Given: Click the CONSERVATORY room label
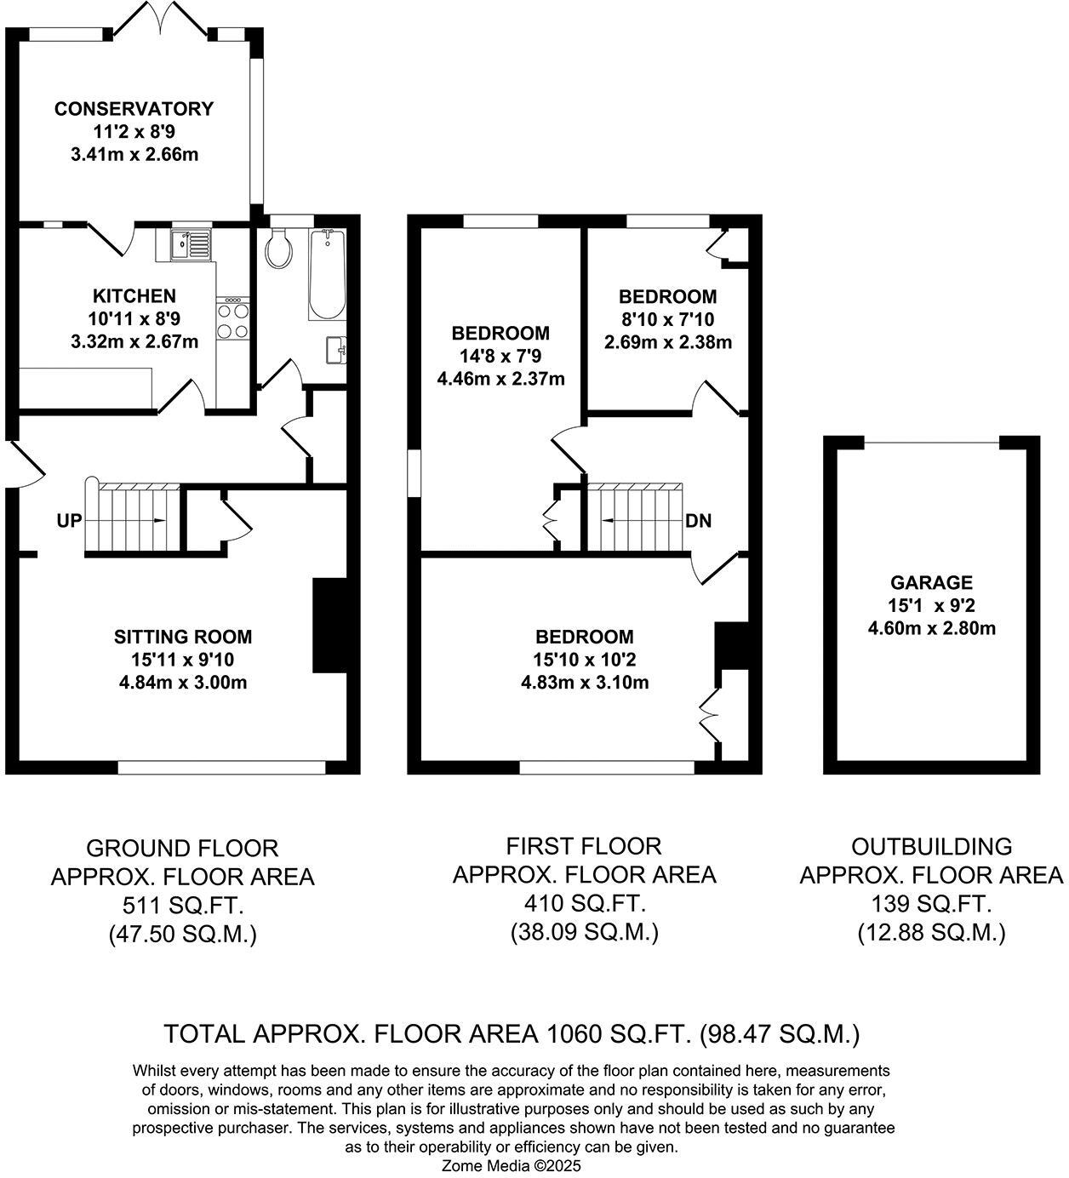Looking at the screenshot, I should point(134,109).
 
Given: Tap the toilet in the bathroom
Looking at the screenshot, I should point(278,249).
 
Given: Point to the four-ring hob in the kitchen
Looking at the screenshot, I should point(233,320).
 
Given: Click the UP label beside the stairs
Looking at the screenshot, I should point(70,520).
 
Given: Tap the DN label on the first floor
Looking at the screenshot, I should point(698,521).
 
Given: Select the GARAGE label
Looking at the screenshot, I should point(931,583).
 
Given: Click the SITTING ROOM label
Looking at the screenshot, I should point(183,637).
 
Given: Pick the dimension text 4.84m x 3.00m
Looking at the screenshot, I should point(183,682).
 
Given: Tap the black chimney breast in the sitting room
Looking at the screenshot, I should point(330,626).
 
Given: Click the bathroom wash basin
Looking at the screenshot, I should point(336,349).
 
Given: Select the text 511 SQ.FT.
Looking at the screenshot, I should point(182,906).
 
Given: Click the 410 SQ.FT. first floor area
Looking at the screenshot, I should point(584,903).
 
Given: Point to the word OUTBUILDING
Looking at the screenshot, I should point(932,847).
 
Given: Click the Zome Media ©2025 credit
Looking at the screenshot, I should point(511,1166).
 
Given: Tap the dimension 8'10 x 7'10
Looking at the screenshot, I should point(667,320).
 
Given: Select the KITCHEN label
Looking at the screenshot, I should point(134,296).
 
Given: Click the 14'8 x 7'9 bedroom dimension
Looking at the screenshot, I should point(500,356).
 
